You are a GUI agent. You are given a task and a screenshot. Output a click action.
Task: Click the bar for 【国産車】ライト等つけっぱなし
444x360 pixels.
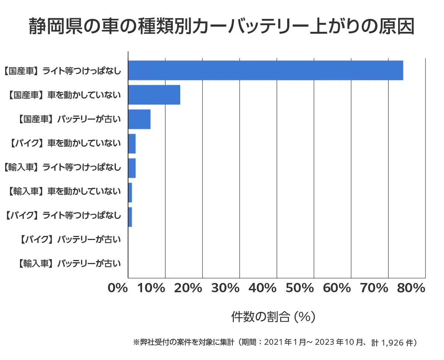265,70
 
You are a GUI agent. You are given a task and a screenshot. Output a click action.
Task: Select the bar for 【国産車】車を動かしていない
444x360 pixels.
154,95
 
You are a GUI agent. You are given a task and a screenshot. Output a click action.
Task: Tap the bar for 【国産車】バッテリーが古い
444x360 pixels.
139,119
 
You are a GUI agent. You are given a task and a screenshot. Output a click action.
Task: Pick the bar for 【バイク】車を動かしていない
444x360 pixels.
132,144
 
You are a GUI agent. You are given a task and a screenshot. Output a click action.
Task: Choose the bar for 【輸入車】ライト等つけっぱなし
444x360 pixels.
132,168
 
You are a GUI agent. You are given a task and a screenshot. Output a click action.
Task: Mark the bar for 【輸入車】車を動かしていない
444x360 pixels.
130,193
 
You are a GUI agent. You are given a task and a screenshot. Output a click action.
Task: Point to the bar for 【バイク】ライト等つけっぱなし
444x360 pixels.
130,217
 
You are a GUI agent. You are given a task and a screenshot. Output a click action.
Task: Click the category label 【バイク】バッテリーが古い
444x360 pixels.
69,240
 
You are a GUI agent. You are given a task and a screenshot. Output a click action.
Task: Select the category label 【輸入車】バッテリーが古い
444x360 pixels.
69,264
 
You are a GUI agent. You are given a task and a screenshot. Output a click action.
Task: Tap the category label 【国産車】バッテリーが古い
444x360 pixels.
69,119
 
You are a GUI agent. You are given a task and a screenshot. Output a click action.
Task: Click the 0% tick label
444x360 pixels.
118,288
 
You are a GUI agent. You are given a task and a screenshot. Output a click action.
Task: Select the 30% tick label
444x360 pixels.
227,288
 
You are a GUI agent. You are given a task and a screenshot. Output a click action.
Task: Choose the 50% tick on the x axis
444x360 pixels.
301,288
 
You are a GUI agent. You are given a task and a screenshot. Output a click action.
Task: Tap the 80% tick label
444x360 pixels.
412,288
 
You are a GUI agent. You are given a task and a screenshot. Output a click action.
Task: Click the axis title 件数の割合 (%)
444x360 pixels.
273,317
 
